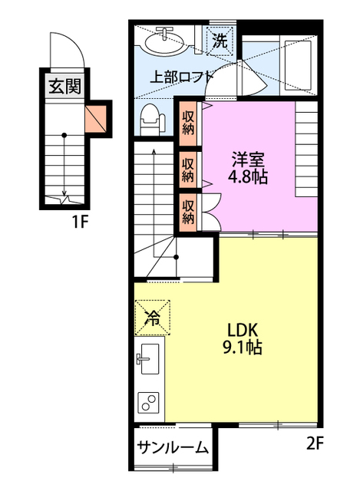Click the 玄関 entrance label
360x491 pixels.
point(64,85)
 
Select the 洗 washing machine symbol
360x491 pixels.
point(220,41)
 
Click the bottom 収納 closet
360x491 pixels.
point(188,209)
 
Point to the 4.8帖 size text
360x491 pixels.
point(249,177)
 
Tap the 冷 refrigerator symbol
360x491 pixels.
point(153,318)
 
